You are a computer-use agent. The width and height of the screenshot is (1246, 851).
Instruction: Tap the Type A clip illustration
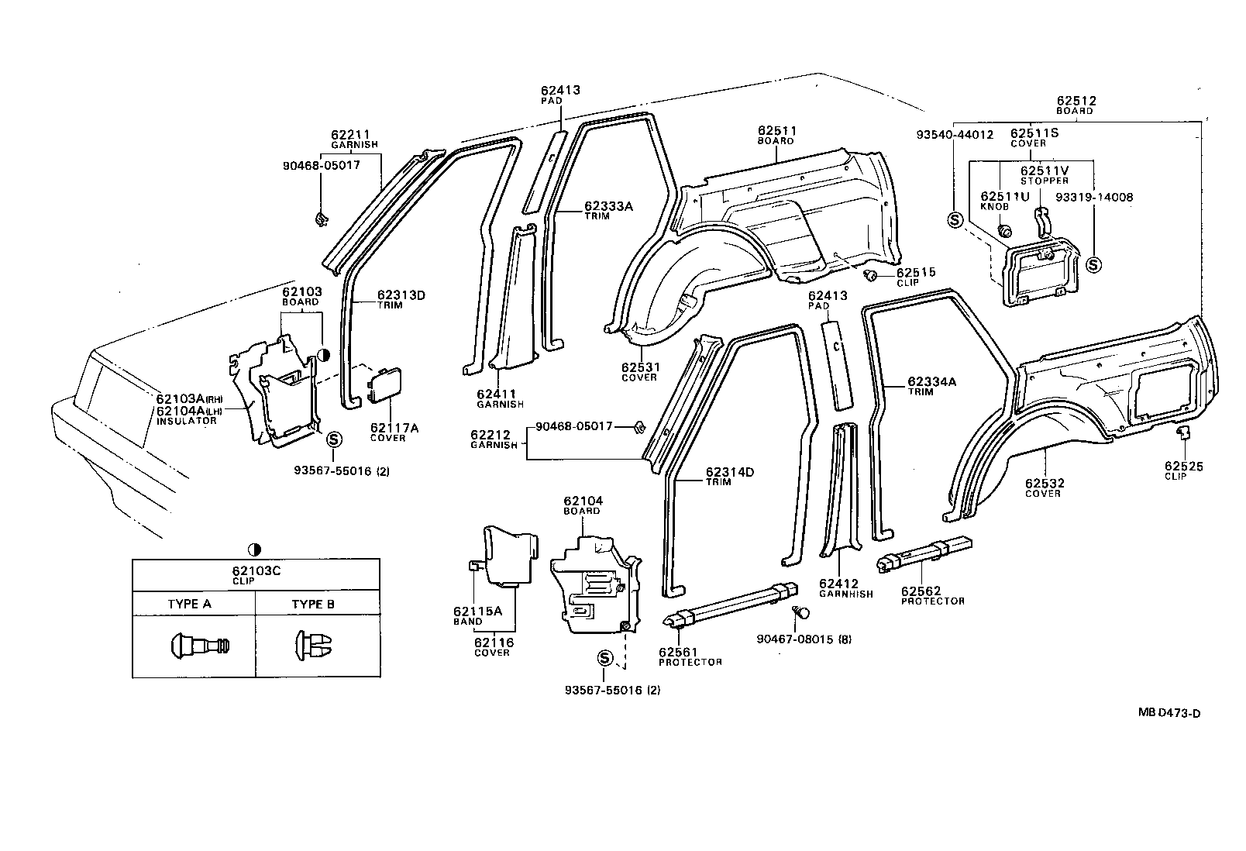[199, 644]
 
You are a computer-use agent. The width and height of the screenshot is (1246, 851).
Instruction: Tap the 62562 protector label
[921, 591]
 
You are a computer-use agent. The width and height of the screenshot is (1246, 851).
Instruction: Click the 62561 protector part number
[680, 652]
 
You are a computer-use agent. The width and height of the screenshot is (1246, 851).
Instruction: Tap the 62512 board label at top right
[1076, 101]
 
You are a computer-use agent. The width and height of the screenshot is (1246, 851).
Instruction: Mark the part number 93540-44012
[955, 134]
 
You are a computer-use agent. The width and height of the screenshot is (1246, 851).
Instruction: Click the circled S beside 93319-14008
[1093, 264]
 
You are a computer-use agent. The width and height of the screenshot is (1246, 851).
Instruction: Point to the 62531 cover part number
[639, 367]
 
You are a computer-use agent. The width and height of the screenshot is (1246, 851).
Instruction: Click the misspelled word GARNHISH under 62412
[845, 594]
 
